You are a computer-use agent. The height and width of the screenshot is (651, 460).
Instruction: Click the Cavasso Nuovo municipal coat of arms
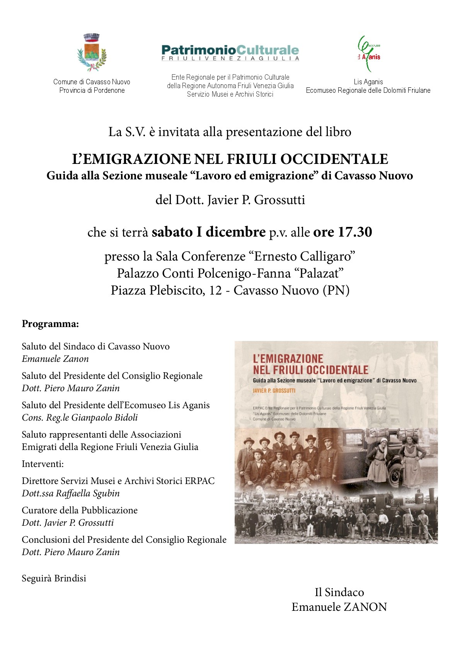click(92, 53)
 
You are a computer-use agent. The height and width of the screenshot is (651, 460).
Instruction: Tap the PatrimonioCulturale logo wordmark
click(230, 51)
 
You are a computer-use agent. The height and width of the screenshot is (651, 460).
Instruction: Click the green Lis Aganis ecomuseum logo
click(368, 54)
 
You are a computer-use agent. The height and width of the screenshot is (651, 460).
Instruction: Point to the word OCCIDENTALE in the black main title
click(334, 159)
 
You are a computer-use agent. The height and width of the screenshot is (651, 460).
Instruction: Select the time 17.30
click(355, 232)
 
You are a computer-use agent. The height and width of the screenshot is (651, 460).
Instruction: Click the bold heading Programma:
click(50, 324)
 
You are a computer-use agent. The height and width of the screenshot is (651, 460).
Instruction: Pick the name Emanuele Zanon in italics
click(55, 359)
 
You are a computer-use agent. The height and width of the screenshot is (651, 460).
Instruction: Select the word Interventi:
click(43, 464)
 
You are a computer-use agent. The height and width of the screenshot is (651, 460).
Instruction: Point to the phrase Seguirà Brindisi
click(54, 578)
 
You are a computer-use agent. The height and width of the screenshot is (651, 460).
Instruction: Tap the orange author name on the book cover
click(274, 390)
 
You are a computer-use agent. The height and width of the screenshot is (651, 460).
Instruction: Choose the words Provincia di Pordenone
click(92, 90)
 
